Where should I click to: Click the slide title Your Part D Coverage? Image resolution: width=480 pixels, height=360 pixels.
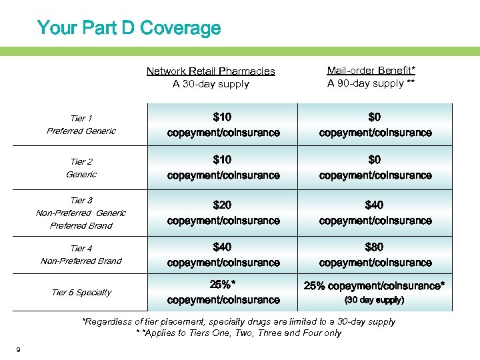(x=129, y=28)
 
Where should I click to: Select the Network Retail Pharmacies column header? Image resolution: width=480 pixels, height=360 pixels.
(x=211, y=71)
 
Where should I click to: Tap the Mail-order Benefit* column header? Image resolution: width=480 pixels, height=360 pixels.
(x=371, y=70)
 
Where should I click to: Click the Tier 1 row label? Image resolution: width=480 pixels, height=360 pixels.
(x=81, y=118)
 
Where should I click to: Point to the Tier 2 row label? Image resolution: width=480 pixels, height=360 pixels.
(x=81, y=161)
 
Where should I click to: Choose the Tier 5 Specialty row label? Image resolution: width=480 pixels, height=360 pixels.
(x=81, y=292)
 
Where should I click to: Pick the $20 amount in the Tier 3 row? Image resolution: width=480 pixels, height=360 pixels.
(x=223, y=205)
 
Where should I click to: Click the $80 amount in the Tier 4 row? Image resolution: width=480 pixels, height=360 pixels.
(x=374, y=247)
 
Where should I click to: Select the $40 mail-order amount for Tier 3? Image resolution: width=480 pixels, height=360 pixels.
(x=374, y=205)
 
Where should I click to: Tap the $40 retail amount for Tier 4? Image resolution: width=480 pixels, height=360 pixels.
(x=223, y=247)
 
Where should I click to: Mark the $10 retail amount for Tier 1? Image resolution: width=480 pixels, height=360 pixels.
(x=223, y=117)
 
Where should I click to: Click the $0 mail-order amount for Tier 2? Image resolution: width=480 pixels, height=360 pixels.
(x=375, y=160)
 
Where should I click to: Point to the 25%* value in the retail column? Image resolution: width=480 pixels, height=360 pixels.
(x=223, y=285)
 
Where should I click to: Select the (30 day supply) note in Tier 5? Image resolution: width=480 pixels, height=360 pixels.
(x=373, y=300)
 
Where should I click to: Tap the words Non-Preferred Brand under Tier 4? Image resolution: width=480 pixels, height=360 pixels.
(x=81, y=261)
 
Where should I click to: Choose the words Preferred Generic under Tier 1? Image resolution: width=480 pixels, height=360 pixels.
(x=81, y=131)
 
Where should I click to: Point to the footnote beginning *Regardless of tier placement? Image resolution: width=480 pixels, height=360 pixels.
(x=239, y=321)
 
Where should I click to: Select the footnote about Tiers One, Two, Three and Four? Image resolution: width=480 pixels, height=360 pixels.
(x=239, y=333)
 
